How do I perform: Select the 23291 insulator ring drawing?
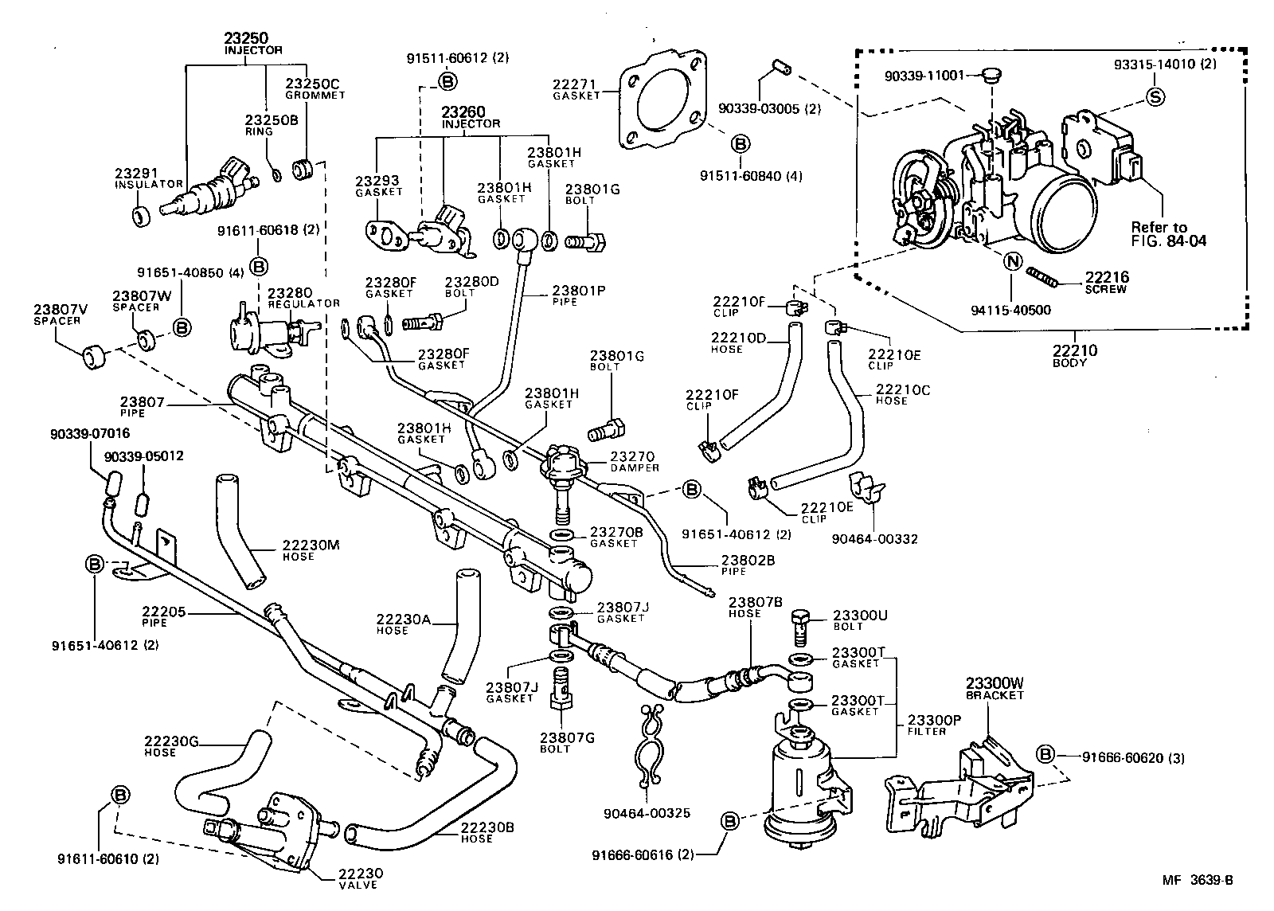click(140, 216)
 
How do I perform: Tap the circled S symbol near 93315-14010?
click(1155, 97)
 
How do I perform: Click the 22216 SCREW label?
click(1108, 283)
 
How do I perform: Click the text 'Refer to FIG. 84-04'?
click(1168, 233)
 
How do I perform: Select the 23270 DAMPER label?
click(634, 462)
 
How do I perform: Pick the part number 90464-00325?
click(646, 813)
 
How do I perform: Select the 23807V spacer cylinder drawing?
click(95, 358)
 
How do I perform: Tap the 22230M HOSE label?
click(310, 549)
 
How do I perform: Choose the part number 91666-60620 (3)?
click(1132, 758)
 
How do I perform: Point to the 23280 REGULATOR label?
click(292, 298)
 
